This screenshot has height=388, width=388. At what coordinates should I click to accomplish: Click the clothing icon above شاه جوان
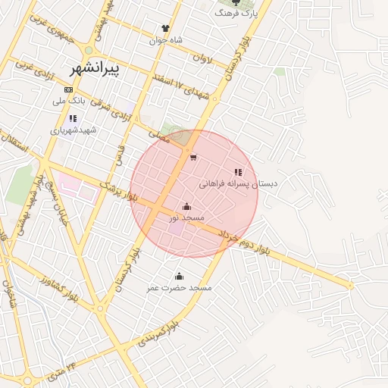click(165, 28)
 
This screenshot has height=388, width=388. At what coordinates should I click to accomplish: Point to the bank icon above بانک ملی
click(69, 90)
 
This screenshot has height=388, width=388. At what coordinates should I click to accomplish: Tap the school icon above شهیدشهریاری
click(73, 118)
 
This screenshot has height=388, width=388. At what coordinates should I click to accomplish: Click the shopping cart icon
click(193, 158)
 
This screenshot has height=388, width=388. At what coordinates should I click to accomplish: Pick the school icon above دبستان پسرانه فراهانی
click(238, 173)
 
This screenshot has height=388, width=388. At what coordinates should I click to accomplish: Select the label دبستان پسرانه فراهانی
click(239, 184)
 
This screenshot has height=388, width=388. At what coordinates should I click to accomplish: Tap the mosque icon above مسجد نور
click(186, 206)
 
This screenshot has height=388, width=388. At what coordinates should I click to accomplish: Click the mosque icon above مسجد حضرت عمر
click(179, 276)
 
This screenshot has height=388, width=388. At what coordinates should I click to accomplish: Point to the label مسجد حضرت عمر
click(180, 288)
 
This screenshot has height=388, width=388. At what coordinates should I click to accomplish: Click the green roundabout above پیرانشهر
click(89, 51)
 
